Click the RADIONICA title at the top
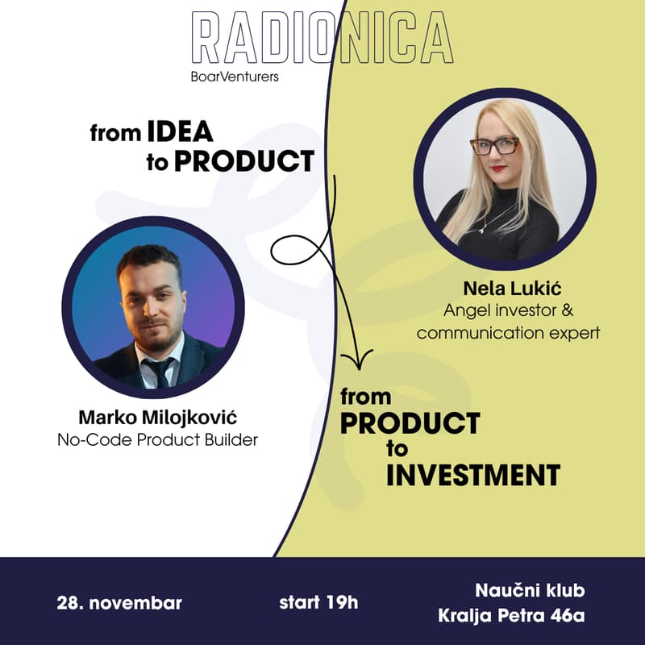[322, 39]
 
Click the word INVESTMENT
[472, 475]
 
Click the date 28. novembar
[119, 602]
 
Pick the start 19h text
[318, 602]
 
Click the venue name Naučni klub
[530, 590]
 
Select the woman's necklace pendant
[482, 229]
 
